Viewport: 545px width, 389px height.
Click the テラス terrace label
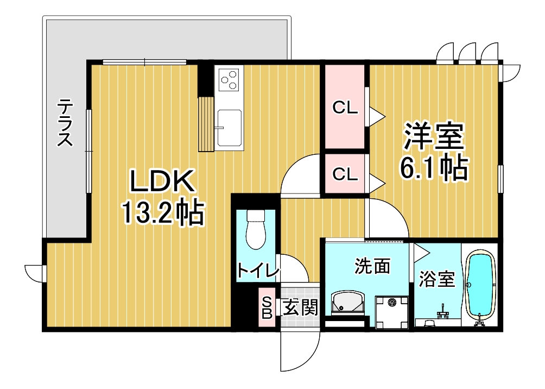[x=66, y=123]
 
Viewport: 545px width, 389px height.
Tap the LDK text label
[x=162, y=182]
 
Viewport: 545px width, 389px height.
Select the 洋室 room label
[x=433, y=137]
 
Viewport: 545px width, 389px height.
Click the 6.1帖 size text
[x=433, y=168]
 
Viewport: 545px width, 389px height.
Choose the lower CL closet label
[x=345, y=174]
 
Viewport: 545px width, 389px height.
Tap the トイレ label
[x=256, y=270]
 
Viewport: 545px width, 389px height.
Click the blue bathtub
[x=480, y=285]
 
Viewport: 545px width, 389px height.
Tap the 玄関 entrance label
[x=300, y=309]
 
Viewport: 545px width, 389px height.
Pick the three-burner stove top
[x=229, y=79]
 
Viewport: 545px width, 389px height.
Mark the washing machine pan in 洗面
[x=391, y=312]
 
